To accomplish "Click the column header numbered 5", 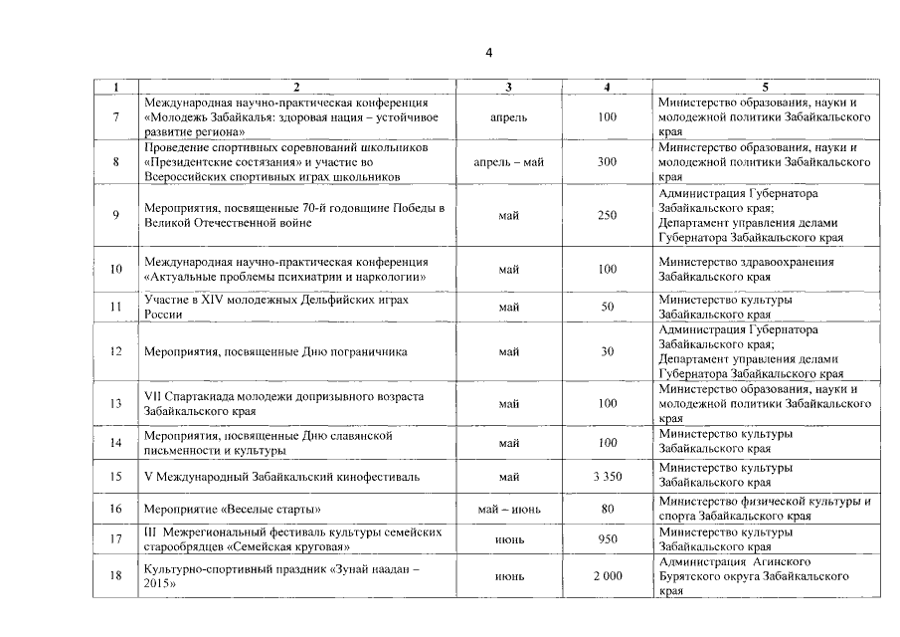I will point(765,88).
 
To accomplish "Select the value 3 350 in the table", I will point(607,477).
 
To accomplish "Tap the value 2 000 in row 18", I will point(607,576).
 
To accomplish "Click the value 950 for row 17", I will point(607,539).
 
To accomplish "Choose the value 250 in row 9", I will point(607,215).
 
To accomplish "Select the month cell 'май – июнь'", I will point(509,510).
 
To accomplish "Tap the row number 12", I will point(116,351).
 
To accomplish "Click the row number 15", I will point(116,477).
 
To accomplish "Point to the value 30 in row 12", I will point(607,351).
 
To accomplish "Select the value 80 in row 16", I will point(607,510).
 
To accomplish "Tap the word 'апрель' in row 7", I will point(509,116).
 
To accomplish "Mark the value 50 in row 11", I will point(607,307).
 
